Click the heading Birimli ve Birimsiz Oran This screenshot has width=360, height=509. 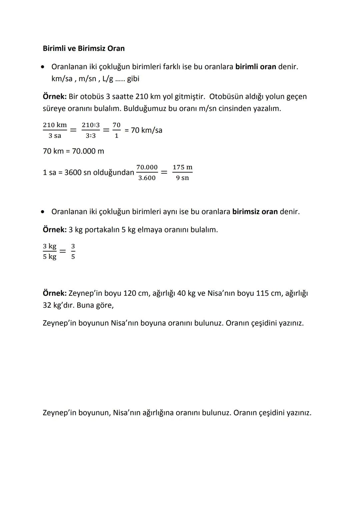tap(84, 48)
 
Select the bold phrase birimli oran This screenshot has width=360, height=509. tap(256, 67)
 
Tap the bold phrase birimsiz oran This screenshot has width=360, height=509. tap(255, 212)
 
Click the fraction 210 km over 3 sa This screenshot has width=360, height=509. tap(55, 130)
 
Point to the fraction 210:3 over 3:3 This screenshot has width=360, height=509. tap(91, 130)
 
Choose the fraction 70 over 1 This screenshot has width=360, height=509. tap(116, 130)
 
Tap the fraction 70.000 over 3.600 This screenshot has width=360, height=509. tap(147, 172)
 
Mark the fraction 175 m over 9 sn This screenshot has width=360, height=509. tap(182, 172)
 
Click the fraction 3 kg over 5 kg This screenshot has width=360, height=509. tap(50, 251)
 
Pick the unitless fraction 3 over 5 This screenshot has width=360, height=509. tap(73, 251)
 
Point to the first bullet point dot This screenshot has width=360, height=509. tap(43, 67)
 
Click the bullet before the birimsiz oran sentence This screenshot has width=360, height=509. tap(43, 212)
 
